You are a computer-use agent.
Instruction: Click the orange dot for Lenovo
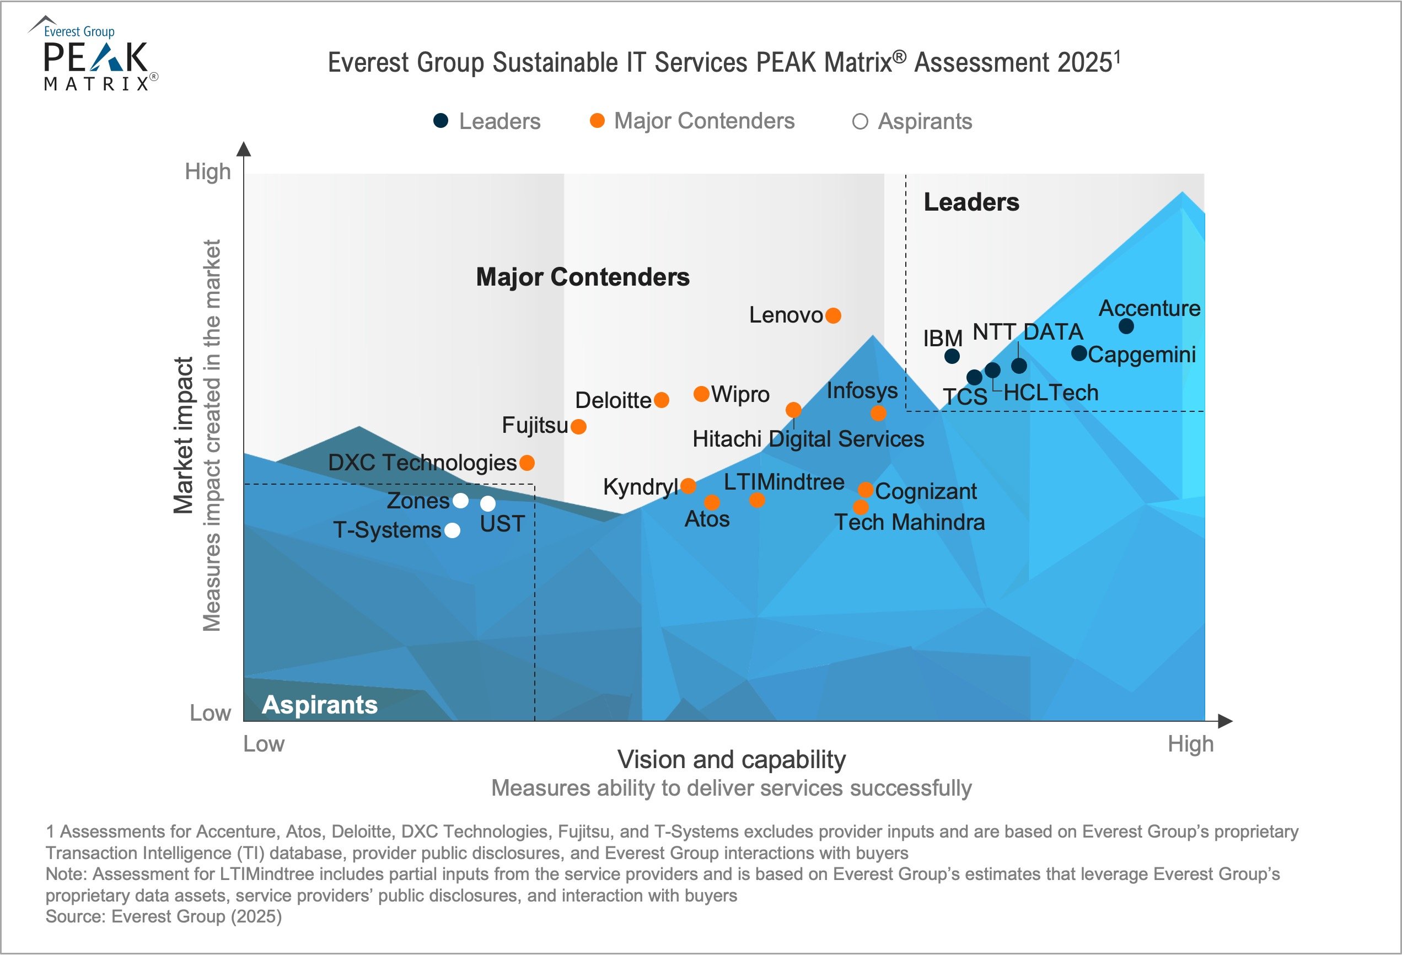click(x=833, y=315)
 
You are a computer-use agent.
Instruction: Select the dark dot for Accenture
click(x=1126, y=326)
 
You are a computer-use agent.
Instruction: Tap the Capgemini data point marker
click(x=1078, y=353)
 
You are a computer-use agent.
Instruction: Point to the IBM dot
click(x=952, y=356)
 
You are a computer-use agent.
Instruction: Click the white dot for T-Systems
click(x=452, y=530)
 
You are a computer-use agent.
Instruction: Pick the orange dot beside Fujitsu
click(x=578, y=427)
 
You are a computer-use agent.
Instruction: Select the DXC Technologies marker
click(x=527, y=463)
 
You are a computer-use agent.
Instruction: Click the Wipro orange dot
click(x=701, y=394)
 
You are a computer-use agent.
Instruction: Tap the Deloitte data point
click(x=661, y=400)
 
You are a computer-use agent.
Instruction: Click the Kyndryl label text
click(x=640, y=487)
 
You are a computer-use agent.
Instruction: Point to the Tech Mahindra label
click(x=909, y=523)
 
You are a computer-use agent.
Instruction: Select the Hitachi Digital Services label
click(x=808, y=439)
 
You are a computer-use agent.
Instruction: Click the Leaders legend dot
click(x=441, y=121)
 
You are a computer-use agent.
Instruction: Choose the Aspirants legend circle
click(x=860, y=122)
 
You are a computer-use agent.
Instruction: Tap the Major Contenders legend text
click(x=703, y=121)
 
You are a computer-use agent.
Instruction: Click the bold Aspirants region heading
click(x=320, y=705)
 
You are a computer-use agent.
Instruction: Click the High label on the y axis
click(x=207, y=172)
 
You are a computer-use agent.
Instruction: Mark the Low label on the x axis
click(x=264, y=744)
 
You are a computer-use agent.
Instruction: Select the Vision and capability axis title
click(x=731, y=760)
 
